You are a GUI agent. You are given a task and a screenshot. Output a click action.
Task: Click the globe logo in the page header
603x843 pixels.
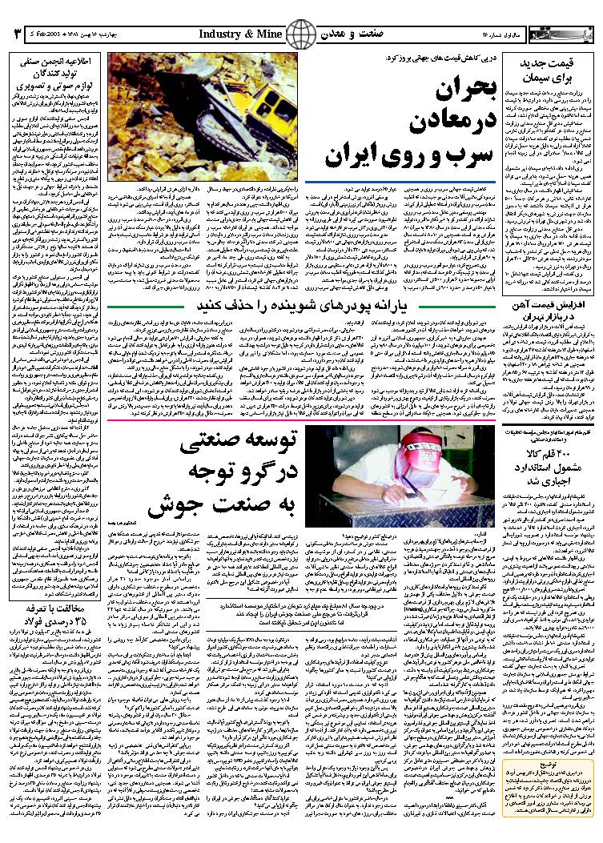(x=301, y=34)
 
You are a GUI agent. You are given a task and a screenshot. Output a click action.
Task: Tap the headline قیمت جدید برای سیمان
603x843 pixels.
(x=551, y=72)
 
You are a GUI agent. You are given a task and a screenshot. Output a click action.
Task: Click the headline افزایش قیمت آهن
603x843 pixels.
(x=551, y=306)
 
